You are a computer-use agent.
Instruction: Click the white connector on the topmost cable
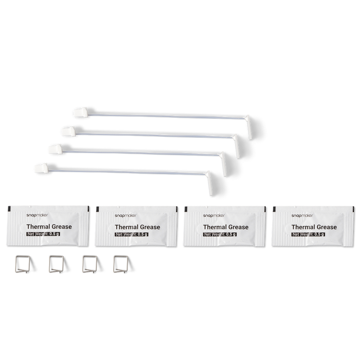point(81,113)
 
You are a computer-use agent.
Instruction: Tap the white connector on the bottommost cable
point(42,168)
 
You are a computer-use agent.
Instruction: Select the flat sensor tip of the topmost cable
point(249,128)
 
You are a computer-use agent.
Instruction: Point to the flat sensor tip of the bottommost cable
point(209,183)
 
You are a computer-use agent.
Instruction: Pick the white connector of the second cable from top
point(68,131)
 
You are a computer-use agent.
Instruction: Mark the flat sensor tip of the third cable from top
point(224,164)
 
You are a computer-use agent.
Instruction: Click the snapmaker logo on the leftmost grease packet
point(37,215)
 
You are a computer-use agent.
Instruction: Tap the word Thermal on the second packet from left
point(127,227)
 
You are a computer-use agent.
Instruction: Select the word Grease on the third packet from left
point(238,227)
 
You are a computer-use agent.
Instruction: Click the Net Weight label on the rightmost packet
point(308,234)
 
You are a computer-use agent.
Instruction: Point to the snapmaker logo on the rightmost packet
point(302,215)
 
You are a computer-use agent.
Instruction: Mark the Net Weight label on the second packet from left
point(132,234)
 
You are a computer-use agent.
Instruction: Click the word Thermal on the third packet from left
point(215,227)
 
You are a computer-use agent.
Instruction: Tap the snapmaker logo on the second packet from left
point(125,215)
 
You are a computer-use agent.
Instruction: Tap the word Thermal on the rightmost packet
point(303,227)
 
